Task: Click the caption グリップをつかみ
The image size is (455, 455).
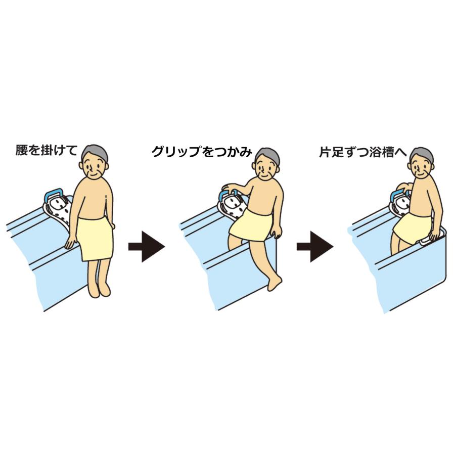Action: coord(202,152)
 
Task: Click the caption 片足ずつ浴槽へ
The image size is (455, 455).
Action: coord(363,151)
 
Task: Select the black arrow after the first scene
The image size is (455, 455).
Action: coord(146,246)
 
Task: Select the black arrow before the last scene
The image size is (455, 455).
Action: coord(314,246)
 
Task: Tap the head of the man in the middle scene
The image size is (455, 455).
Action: coord(266,163)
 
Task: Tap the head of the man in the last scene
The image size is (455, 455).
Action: coord(421,163)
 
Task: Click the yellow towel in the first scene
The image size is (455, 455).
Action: coord(96,238)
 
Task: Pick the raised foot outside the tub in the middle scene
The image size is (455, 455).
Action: coord(275,283)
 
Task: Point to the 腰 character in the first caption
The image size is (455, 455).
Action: coord(22,151)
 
